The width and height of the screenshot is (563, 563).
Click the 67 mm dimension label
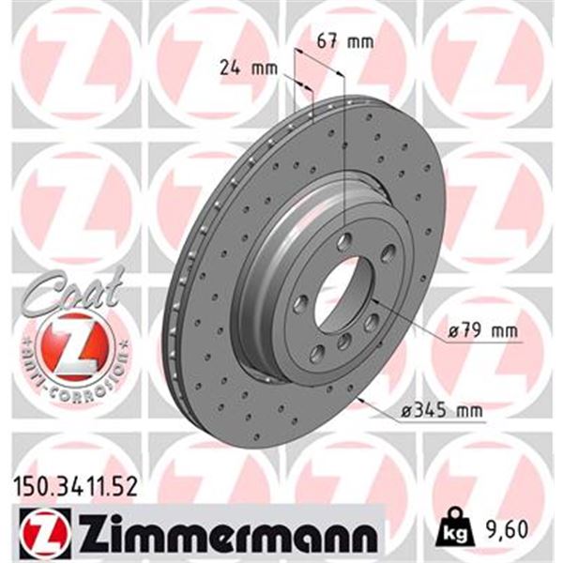point(345,42)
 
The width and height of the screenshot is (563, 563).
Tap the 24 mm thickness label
point(249,68)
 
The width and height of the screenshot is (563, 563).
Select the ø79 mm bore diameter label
point(483,330)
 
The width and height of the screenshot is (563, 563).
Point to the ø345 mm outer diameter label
point(442,410)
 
